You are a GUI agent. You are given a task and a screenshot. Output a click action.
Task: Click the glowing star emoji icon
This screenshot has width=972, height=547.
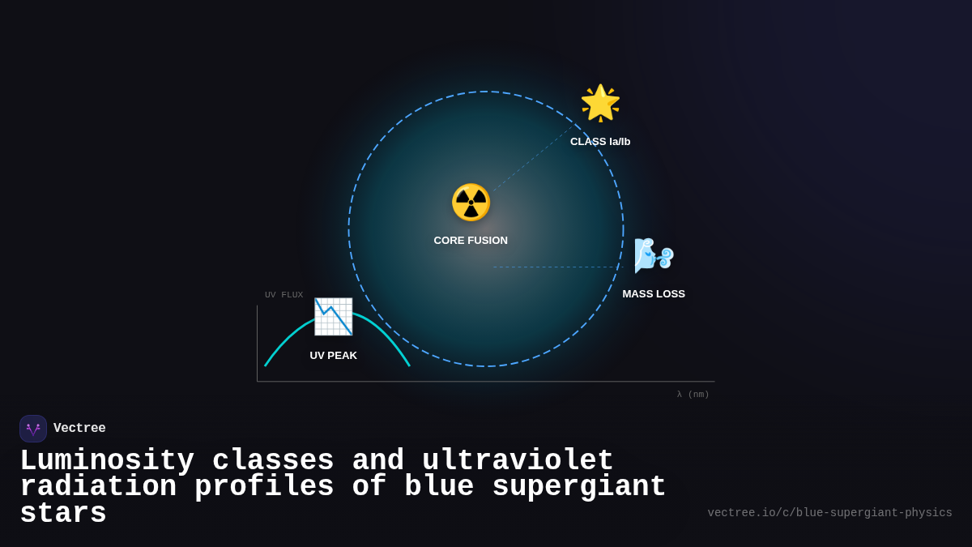[600, 103]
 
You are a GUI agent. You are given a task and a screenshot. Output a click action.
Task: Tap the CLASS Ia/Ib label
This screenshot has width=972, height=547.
[600, 142]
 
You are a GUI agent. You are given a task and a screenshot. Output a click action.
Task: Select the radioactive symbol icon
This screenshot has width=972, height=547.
[471, 203]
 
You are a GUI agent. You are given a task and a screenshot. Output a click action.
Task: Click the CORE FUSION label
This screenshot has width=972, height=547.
[471, 241]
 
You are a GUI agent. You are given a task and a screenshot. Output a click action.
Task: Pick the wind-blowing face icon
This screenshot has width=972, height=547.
[654, 256]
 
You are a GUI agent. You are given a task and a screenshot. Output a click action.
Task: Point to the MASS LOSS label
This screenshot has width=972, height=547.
[654, 294]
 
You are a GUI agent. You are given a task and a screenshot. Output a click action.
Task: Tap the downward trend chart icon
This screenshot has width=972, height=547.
[333, 317]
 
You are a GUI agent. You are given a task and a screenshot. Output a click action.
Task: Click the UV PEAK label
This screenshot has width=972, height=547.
[333, 356]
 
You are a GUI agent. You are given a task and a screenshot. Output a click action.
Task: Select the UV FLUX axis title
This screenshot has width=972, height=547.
[283, 295]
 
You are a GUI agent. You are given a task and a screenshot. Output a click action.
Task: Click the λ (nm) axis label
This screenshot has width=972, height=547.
[693, 395]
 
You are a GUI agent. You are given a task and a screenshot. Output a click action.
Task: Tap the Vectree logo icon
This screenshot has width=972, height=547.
[33, 429]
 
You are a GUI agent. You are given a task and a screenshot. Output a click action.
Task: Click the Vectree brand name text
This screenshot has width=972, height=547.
[79, 429]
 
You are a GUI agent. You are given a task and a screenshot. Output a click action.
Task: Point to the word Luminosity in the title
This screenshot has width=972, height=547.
[107, 461]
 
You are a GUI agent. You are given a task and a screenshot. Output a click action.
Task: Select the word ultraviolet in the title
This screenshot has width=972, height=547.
[518, 461]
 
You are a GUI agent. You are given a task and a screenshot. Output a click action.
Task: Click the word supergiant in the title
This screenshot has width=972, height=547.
[579, 487]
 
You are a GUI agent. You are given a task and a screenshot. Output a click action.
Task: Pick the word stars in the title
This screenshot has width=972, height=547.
[63, 514]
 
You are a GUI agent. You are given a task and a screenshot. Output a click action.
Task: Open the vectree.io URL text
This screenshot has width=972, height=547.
[829, 513]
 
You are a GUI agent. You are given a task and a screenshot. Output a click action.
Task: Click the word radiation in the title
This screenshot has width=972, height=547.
[98, 487]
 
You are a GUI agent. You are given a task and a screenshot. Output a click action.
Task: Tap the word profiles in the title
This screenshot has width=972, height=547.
[264, 487]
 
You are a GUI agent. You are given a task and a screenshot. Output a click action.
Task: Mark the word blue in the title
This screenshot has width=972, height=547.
[439, 487]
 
